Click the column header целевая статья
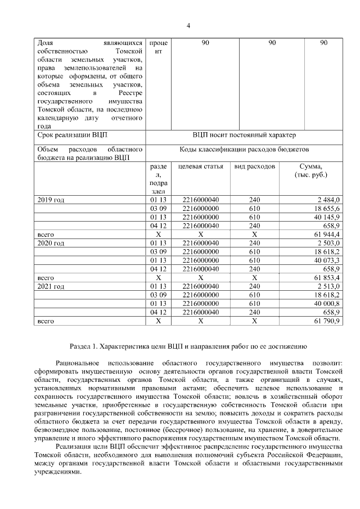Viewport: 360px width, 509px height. point(201,167)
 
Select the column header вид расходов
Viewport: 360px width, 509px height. point(254,167)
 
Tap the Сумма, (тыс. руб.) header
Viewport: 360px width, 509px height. point(311,171)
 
